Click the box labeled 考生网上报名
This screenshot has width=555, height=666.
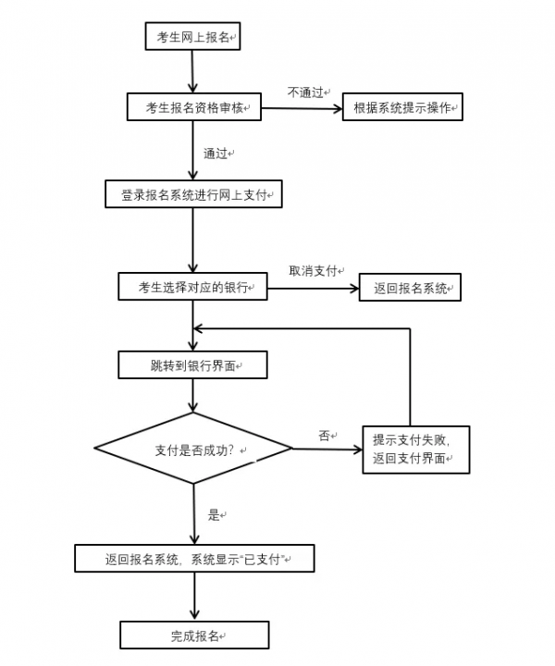click(192, 37)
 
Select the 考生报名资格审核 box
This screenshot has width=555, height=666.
click(192, 107)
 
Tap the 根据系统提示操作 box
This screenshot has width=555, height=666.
click(402, 108)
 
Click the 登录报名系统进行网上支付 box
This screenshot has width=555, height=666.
click(192, 195)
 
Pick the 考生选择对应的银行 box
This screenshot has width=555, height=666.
click(192, 288)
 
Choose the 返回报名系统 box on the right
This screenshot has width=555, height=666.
click(411, 289)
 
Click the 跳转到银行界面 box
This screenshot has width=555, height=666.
click(192, 365)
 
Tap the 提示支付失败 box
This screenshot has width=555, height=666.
click(415, 449)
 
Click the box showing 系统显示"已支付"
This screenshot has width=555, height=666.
click(194, 559)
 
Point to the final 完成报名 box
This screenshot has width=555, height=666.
click(194, 635)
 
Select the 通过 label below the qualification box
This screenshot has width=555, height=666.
click(216, 153)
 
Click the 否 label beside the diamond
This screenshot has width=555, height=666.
click(324, 436)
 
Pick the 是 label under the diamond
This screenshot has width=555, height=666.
click(214, 515)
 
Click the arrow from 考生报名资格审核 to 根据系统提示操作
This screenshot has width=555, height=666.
click(301, 108)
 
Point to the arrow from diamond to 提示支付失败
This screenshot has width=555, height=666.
click(327, 450)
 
